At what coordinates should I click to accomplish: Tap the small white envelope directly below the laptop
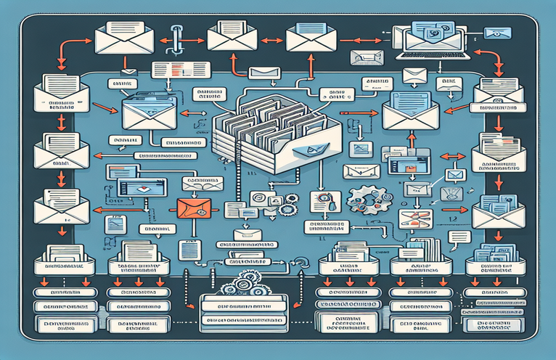pos(414,75)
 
